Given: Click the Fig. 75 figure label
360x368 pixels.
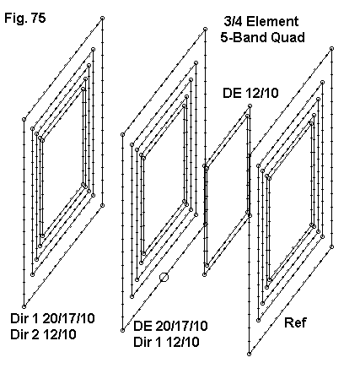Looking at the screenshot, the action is [x=25, y=19].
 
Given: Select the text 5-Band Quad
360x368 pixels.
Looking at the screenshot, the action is [x=263, y=37].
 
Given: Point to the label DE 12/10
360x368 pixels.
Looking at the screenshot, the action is [x=250, y=93].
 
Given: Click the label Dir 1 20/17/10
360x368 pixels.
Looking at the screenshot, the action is [x=52, y=318].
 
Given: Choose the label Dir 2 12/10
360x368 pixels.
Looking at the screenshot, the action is [x=43, y=335].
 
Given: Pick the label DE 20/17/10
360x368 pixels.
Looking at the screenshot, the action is [x=170, y=326].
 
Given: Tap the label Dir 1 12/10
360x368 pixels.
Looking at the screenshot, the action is [x=166, y=342].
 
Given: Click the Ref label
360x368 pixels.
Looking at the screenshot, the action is [x=295, y=322].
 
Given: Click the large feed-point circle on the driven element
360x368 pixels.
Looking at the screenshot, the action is [x=164, y=278].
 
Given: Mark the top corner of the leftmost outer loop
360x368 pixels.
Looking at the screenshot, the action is [x=102, y=19].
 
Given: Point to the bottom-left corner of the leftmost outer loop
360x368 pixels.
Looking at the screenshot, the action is [x=24, y=306].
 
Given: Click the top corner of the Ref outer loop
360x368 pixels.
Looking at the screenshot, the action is [x=332, y=49].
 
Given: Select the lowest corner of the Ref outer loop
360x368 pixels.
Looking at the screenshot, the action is [x=249, y=354].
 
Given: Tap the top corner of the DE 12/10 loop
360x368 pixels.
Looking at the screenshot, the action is [x=250, y=106].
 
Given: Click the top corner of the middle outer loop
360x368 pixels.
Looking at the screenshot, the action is [x=206, y=29].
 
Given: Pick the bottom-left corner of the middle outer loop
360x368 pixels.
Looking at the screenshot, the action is [x=122, y=330].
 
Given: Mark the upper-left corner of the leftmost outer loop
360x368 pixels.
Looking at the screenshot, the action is [x=24, y=120].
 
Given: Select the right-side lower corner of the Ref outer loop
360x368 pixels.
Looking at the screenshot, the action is [x=332, y=247].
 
